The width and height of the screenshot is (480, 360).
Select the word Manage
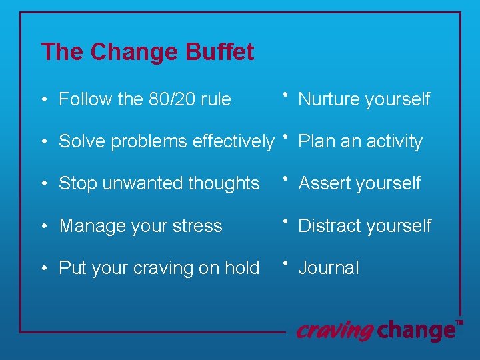(87, 225)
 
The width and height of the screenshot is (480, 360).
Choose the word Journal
(329, 268)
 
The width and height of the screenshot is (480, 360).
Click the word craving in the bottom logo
(335, 330)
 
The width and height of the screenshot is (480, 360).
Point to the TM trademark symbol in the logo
(459, 323)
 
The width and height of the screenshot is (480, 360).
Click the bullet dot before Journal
(285, 263)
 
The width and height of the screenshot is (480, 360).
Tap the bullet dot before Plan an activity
(285, 136)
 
